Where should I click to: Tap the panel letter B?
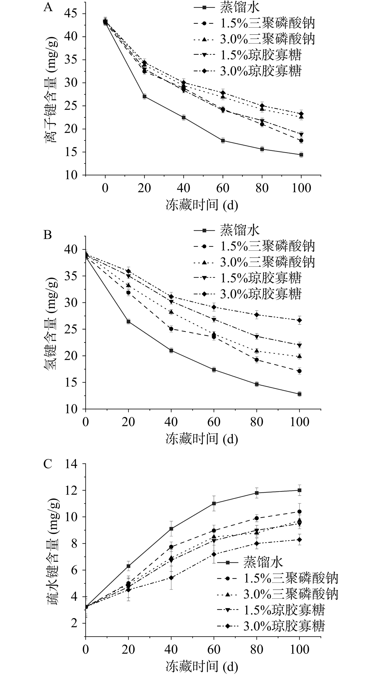[x=47, y=235]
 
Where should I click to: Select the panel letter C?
[x=47, y=464]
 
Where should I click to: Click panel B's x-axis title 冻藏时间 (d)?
[x=202, y=439]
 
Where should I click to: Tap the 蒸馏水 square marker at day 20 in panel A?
[x=144, y=97]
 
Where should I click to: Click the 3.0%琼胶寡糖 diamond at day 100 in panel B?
[x=299, y=320]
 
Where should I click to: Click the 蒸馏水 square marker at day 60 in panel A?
[x=223, y=141]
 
